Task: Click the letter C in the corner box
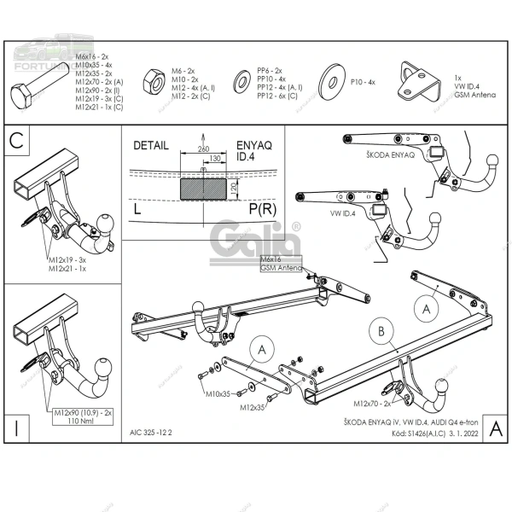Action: (x=16, y=143)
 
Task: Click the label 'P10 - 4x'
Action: (x=361, y=83)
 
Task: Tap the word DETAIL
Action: (x=150, y=146)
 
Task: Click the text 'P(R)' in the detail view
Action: (x=262, y=207)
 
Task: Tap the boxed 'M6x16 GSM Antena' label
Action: (x=281, y=263)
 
